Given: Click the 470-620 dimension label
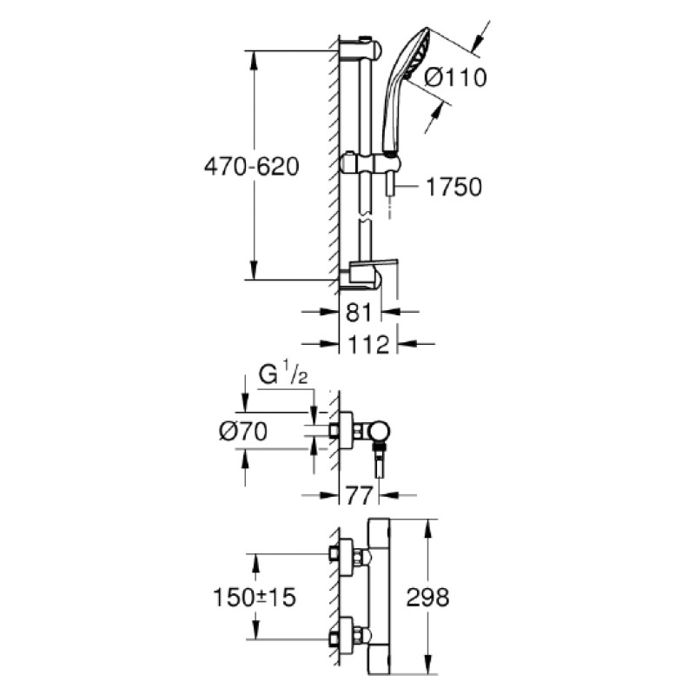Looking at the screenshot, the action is click(251, 167).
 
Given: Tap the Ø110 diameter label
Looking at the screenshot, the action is click(455, 77).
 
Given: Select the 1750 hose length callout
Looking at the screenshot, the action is click(453, 187).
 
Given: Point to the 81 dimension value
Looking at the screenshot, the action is click(358, 312).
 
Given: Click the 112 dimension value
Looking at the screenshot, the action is click(368, 344).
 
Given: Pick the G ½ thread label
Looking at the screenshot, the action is click(283, 374).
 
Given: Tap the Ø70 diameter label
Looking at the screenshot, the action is click(243, 431).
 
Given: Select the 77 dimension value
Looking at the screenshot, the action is click(358, 495).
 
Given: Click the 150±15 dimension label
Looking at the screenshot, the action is click(255, 597).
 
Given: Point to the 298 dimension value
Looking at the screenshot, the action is click(427, 597).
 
